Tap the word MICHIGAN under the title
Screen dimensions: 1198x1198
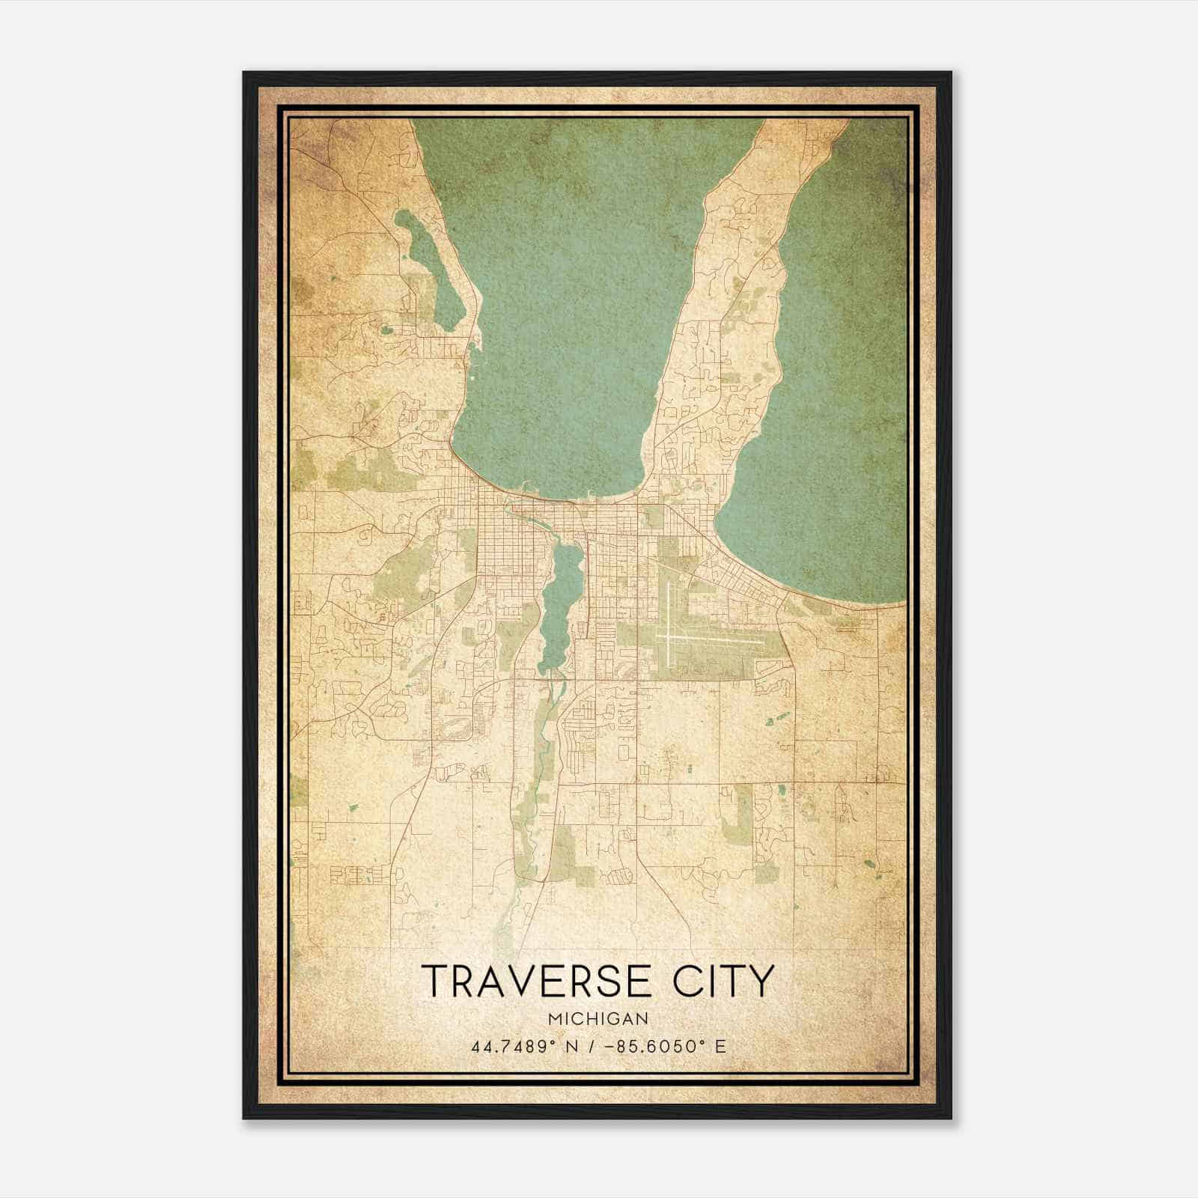[x=598, y=1019]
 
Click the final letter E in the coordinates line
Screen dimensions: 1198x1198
[x=721, y=1047]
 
